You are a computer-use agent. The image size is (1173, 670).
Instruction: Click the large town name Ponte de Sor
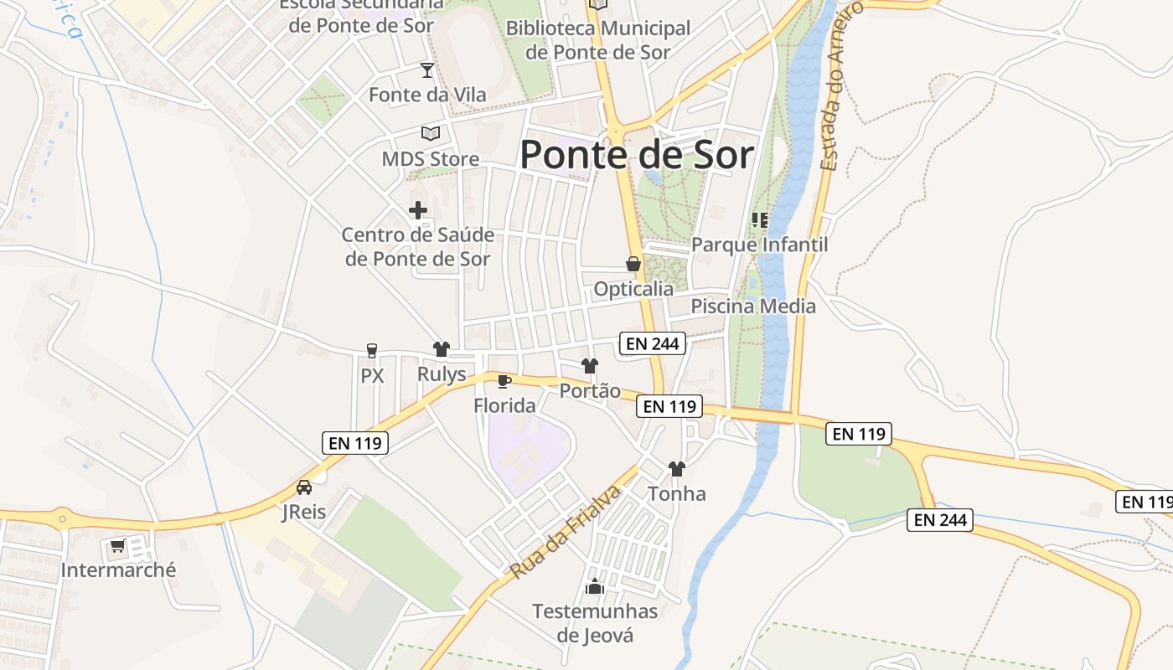(637, 155)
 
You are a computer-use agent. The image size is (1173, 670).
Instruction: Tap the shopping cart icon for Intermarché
(117, 546)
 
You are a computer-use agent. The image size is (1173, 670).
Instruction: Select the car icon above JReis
(304, 487)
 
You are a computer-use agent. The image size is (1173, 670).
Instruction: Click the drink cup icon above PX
(372, 350)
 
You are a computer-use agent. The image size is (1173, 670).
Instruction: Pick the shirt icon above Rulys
(442, 349)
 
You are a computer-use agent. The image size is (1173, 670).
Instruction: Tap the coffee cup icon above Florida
(504, 382)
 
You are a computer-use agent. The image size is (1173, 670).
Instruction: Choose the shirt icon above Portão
(590, 366)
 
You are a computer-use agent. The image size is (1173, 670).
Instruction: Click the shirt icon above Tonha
(677, 469)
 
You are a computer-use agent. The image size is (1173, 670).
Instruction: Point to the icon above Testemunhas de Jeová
(595, 586)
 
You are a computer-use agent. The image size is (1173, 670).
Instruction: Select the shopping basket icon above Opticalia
(633, 265)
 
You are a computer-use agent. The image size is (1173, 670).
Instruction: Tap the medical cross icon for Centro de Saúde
(418, 210)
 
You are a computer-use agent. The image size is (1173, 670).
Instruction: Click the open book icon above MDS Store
(431, 134)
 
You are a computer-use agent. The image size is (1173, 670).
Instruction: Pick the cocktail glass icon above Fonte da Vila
(427, 70)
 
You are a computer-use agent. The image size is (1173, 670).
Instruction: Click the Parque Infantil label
(759, 245)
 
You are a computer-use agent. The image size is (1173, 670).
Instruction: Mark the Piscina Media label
(753, 307)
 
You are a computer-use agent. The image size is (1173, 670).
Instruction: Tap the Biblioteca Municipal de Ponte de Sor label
(598, 39)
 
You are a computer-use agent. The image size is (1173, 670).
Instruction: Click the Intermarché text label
(119, 570)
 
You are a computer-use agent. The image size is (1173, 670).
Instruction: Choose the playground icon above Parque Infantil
(760, 220)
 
